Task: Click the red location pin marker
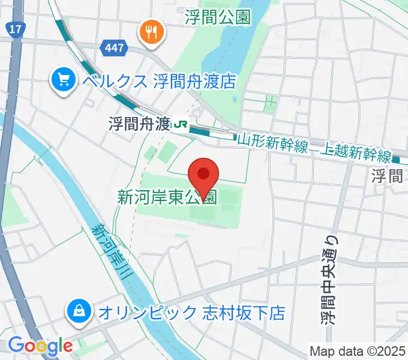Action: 203,176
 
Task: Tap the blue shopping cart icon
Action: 62,80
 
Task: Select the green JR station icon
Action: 179,124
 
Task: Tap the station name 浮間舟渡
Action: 139,124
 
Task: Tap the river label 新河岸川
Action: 111,252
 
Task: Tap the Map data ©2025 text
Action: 357,351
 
